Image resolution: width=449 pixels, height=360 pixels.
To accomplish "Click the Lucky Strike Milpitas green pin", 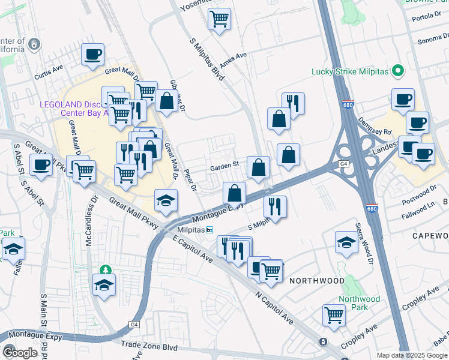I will pyautogui.click(x=397, y=72).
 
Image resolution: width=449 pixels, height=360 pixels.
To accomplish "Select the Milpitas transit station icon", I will pyautogui.click(x=209, y=230).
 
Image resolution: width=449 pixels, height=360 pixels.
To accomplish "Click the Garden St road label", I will pyautogui.click(x=224, y=163).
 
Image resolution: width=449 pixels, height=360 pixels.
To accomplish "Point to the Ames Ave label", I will pyautogui.click(x=234, y=60).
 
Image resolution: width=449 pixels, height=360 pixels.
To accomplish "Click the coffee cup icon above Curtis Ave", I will pyautogui.click(x=92, y=55).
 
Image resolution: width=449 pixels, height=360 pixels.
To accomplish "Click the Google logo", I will pyautogui.click(x=20, y=352).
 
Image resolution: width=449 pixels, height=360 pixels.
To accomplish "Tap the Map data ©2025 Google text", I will pyautogui.click(x=411, y=355).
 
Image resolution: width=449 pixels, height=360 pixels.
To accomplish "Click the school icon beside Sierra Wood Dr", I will pyautogui.click(x=346, y=242).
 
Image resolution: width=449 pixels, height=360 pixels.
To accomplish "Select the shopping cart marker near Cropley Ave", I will pyautogui.click(x=334, y=314).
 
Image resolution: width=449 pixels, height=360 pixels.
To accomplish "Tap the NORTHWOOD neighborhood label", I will pyautogui.click(x=317, y=281).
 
